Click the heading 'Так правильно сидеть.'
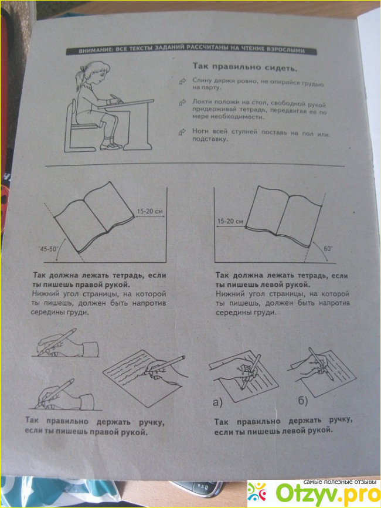tap(245, 67)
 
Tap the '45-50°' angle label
tap(48, 249)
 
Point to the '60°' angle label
tap(328, 249)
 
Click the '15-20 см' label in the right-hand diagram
tap(230, 221)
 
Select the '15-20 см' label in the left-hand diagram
tap(149, 212)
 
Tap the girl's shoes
tap(110, 147)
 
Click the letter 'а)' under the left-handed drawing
tap(218, 402)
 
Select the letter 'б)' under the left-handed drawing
tap(302, 401)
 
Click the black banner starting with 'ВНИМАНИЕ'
tap(190, 50)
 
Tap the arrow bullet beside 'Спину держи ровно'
tap(182, 81)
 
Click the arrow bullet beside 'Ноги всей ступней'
tap(182, 132)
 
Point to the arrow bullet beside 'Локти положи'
tap(182, 103)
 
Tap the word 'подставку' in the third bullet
tap(210, 139)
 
